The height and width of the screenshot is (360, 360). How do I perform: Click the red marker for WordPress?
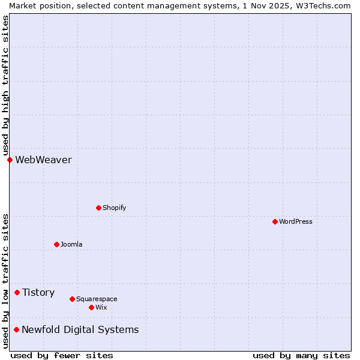[x=275, y=221]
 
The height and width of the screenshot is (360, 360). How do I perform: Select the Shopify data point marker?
[x=98, y=208]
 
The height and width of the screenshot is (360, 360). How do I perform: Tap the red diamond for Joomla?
[x=56, y=244]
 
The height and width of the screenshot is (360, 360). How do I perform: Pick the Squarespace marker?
[x=72, y=299]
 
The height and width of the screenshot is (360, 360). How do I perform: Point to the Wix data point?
[x=91, y=307]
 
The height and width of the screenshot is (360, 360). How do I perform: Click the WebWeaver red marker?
[x=10, y=160]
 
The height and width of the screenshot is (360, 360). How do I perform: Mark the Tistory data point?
[x=17, y=292]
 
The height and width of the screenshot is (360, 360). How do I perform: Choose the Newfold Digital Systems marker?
[x=16, y=329]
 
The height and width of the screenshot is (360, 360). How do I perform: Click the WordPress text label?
[x=296, y=221]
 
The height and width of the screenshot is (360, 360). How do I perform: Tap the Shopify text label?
[x=114, y=208]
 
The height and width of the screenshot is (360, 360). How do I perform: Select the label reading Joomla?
[x=71, y=244]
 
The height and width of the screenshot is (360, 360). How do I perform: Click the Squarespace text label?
[x=97, y=299]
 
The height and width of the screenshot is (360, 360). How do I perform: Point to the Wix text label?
[x=101, y=307]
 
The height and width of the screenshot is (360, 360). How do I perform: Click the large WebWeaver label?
[x=43, y=160]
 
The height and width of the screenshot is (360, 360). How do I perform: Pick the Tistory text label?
[x=38, y=292]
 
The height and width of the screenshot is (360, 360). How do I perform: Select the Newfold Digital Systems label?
[x=80, y=329]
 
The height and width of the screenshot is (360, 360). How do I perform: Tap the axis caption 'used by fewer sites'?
[x=62, y=355]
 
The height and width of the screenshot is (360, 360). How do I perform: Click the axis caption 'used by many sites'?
[x=301, y=355]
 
